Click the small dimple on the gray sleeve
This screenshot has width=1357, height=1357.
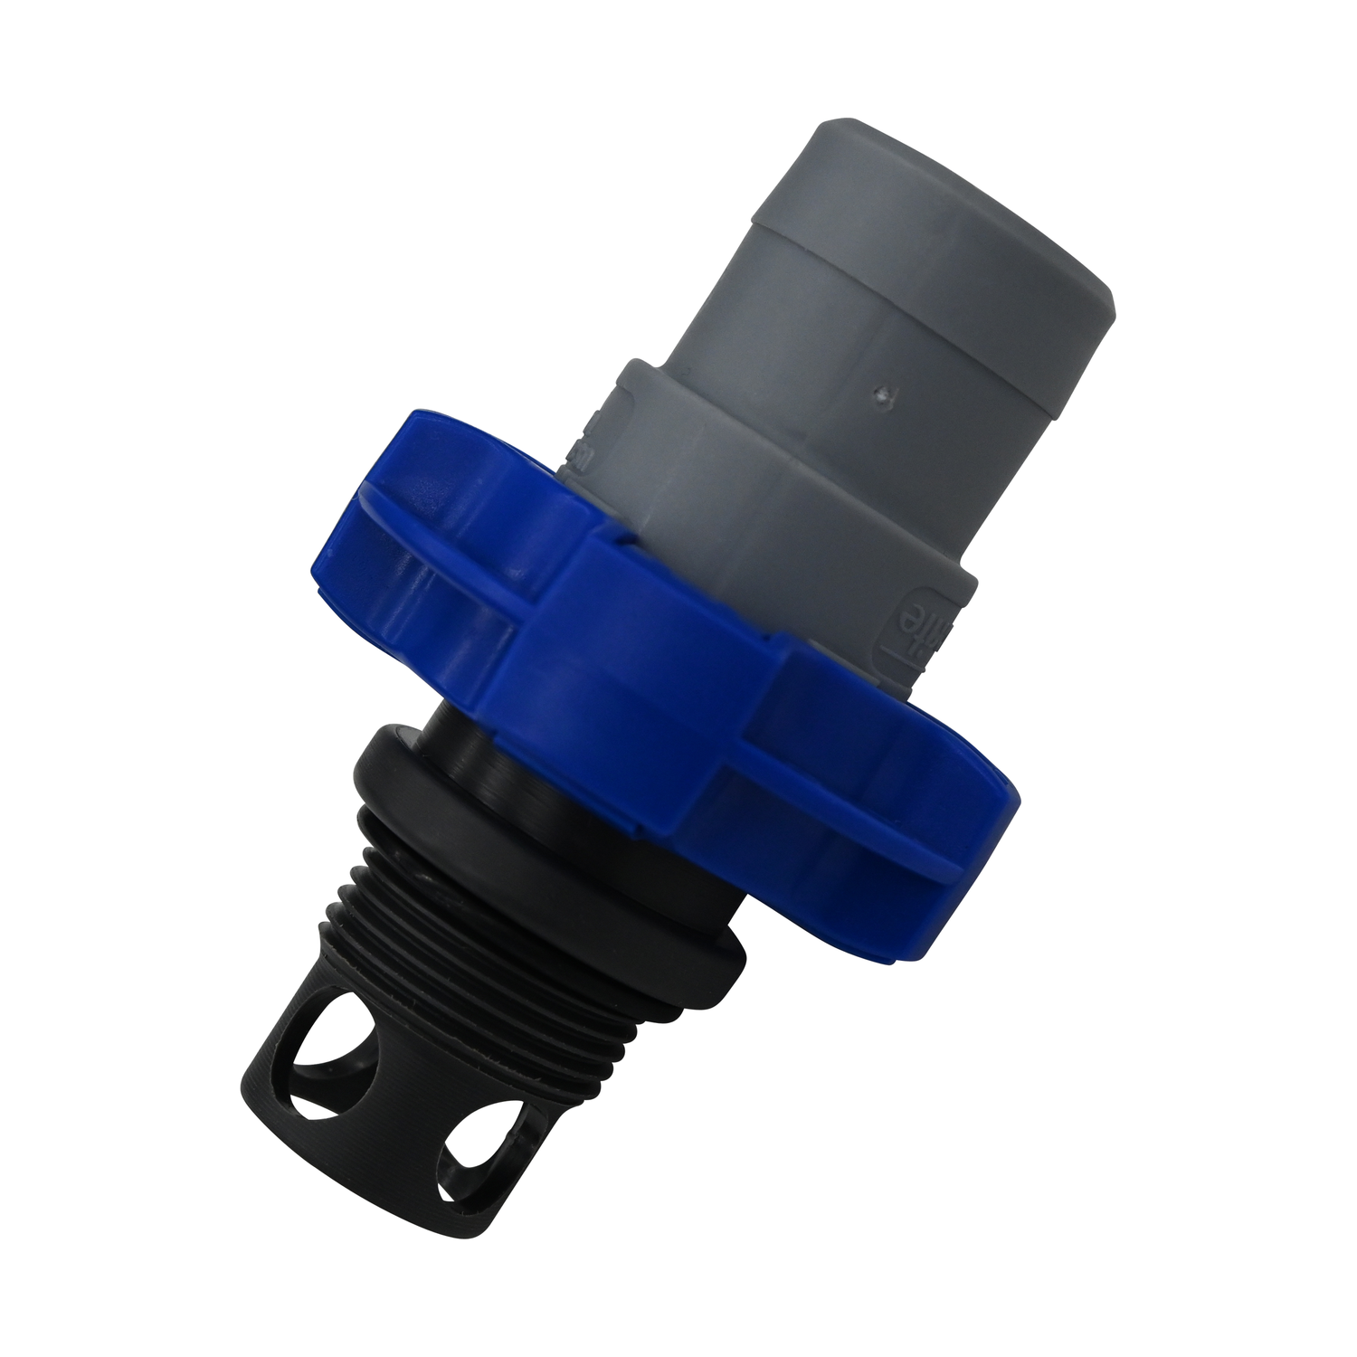(884, 394)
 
